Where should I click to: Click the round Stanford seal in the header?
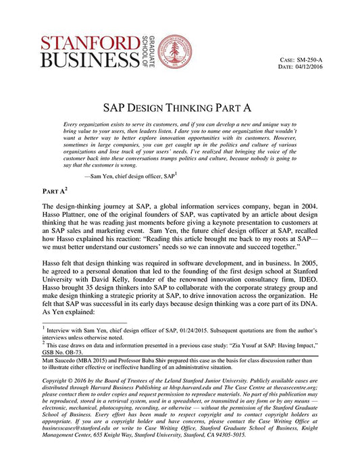[174, 51]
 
